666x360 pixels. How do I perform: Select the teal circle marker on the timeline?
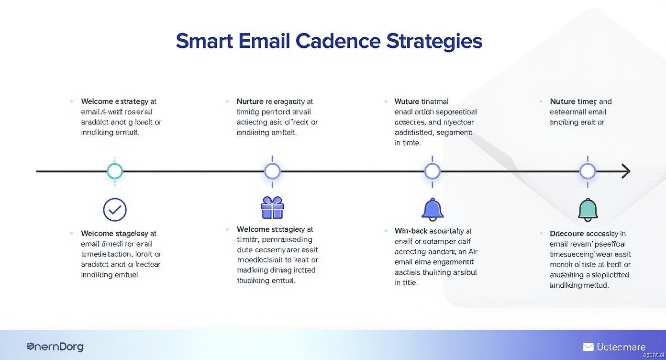tap(114, 171)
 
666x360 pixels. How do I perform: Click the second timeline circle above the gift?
tap(272, 171)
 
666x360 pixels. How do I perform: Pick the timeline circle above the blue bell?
tap(432, 171)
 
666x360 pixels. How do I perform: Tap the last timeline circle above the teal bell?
tap(588, 171)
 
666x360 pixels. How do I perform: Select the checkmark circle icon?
tap(115, 210)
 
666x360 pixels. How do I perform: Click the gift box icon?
tap(272, 208)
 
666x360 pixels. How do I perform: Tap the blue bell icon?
tap(433, 210)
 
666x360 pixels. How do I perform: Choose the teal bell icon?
tap(588, 210)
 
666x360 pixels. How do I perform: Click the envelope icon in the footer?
tap(588, 347)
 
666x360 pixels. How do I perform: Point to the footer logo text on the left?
tap(55, 347)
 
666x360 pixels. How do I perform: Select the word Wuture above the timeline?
tap(407, 101)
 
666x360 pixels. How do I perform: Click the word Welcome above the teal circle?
tap(98, 101)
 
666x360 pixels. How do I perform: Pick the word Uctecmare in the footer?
tap(621, 347)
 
